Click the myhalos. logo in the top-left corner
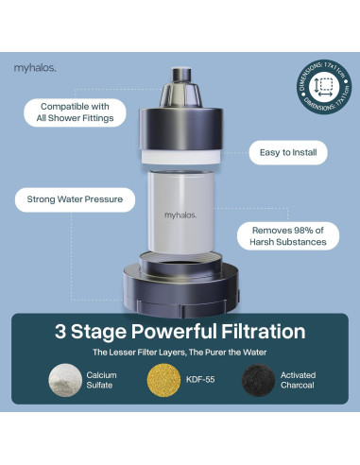coord(35,67)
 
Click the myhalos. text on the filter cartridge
coord(180,215)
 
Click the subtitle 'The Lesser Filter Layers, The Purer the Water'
coord(180,353)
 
